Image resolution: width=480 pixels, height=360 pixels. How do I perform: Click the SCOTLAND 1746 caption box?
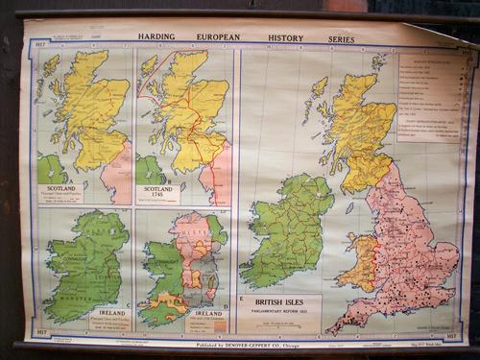tap(158, 193)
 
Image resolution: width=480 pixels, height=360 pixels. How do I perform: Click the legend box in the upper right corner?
tap(430, 96)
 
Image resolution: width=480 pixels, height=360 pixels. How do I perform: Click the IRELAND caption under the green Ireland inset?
tap(108, 313)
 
